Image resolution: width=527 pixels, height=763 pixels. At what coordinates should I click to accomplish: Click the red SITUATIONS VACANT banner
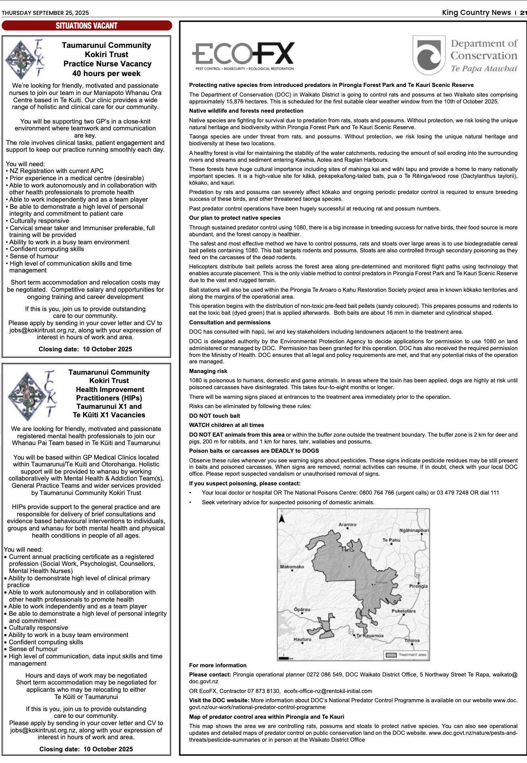[x=87, y=26]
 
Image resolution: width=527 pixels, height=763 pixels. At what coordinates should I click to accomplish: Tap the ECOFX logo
[x=243, y=56]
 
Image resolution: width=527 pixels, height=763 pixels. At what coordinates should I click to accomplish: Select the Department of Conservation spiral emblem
[x=429, y=56]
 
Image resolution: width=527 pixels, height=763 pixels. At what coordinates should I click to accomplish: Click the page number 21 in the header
[x=523, y=12]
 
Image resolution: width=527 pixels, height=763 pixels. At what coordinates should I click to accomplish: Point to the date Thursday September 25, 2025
[x=45, y=13]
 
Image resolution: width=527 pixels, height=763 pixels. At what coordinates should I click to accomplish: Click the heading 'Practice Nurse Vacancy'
[x=107, y=64]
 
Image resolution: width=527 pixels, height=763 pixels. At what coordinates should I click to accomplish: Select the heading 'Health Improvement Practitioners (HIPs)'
[x=109, y=394]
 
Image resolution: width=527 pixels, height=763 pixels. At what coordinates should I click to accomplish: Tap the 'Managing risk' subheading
[x=208, y=371]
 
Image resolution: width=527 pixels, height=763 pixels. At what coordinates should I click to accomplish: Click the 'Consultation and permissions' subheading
[x=230, y=322]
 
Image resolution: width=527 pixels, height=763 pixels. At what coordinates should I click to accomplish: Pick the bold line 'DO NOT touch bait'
[x=214, y=416]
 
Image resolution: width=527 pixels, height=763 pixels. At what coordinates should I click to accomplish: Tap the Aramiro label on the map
[x=347, y=524]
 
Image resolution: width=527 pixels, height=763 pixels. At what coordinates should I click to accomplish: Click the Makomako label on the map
[x=292, y=567]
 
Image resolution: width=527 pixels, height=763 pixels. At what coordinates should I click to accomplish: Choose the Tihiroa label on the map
[x=412, y=640]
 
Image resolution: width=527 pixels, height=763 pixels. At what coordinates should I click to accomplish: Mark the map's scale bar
[x=285, y=658]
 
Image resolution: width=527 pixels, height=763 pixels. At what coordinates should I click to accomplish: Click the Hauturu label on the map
[x=302, y=639]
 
